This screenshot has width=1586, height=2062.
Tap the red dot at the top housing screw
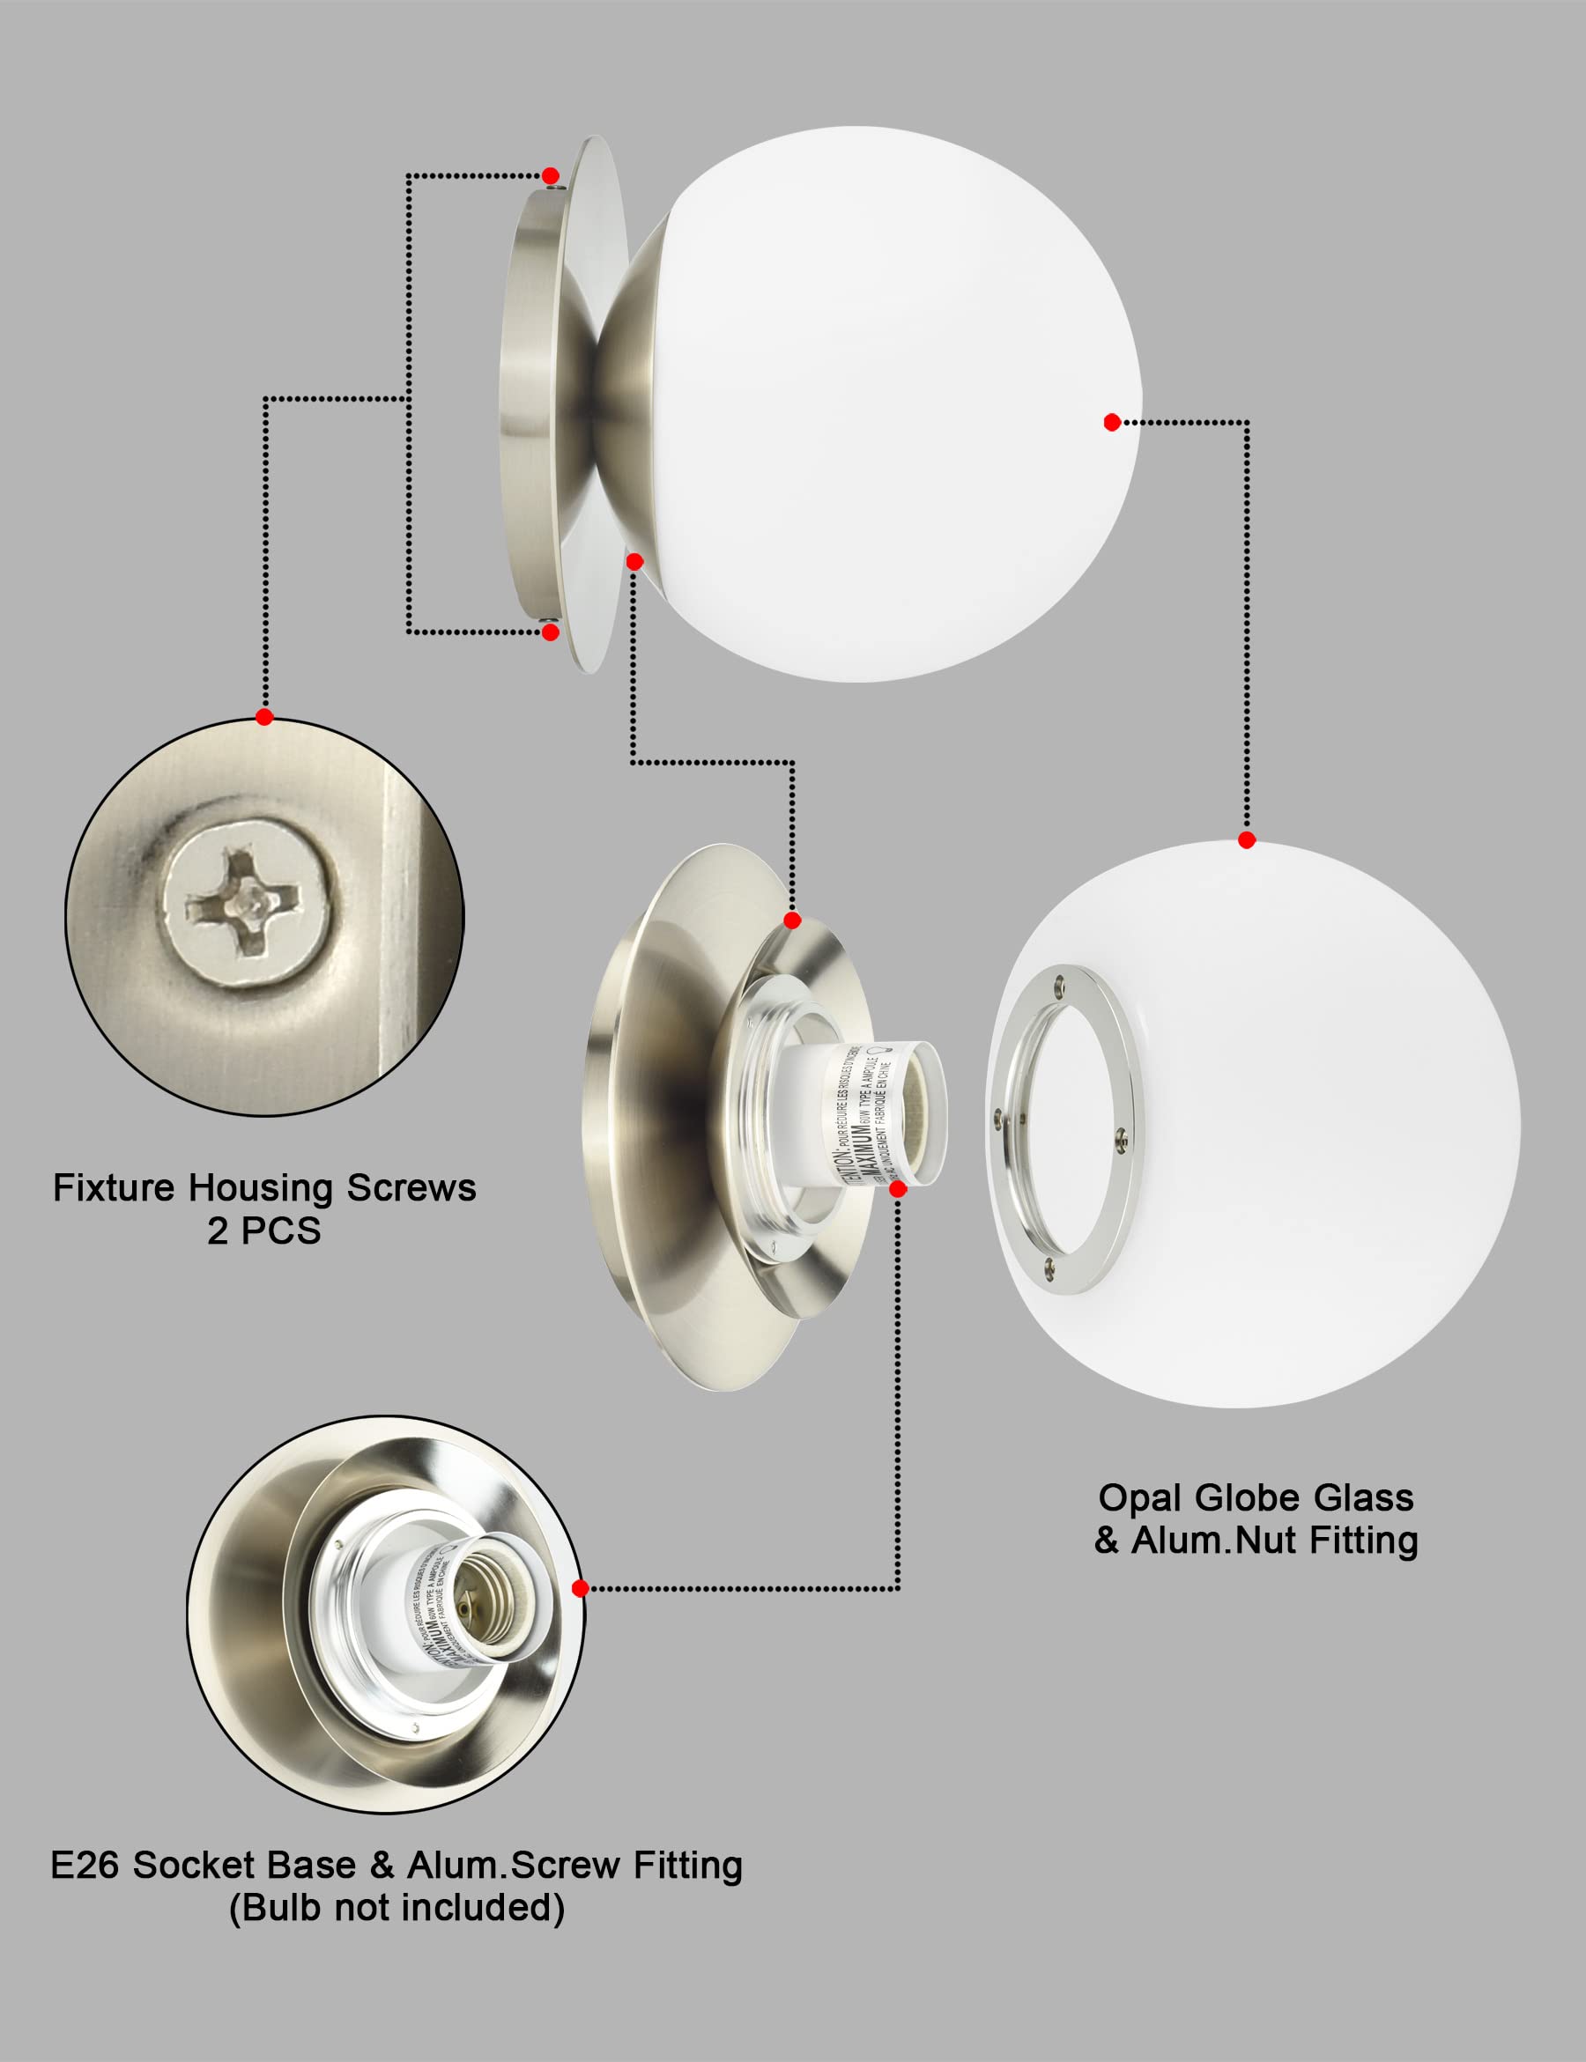(x=551, y=175)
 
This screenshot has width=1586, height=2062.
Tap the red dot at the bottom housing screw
(x=551, y=632)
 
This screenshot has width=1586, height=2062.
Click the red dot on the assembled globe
(x=1112, y=422)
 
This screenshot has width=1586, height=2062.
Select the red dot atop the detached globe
(x=1246, y=840)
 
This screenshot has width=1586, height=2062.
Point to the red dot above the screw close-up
(x=264, y=717)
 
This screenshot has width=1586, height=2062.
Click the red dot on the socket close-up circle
(x=581, y=1588)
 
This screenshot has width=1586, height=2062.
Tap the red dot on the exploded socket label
(x=898, y=1189)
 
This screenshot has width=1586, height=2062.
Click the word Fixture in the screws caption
(x=115, y=1188)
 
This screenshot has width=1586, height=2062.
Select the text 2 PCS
(x=264, y=1231)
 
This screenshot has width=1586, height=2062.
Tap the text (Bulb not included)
(x=396, y=1907)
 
